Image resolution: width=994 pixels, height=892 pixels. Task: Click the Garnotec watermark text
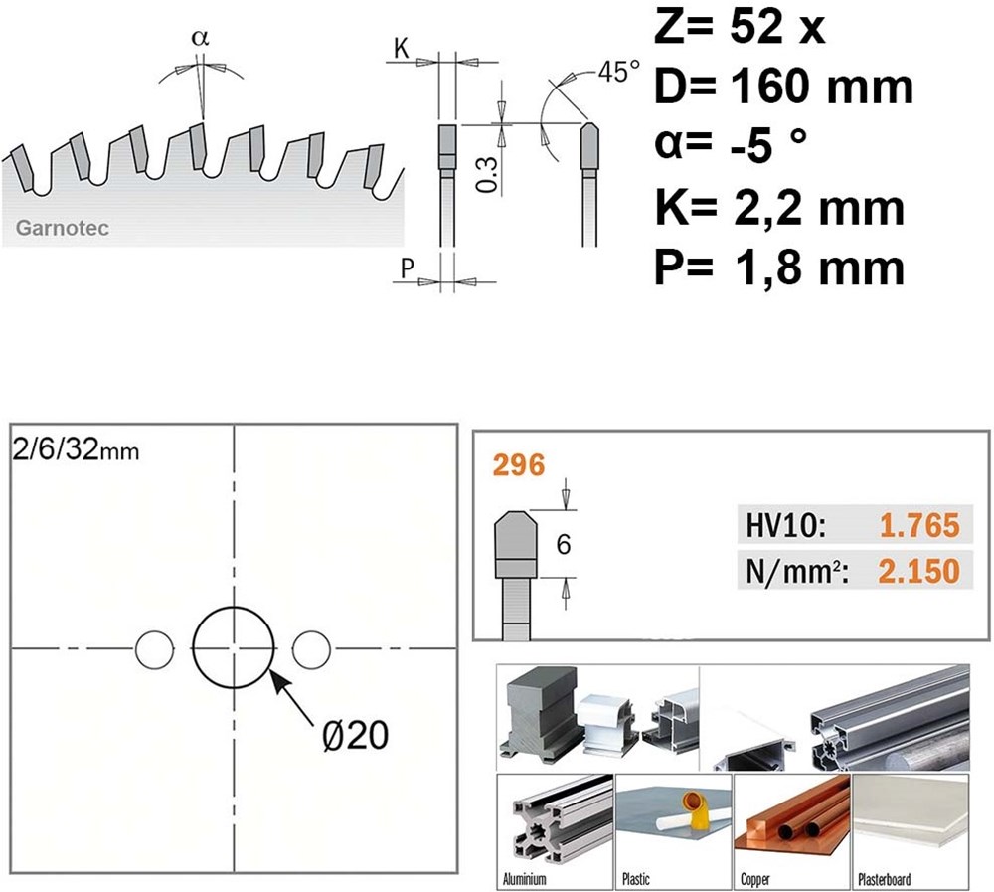[62, 228]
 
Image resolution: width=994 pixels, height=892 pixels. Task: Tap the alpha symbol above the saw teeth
[200, 38]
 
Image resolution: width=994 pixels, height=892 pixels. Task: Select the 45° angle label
[618, 71]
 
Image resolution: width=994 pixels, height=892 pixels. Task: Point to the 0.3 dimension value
[487, 175]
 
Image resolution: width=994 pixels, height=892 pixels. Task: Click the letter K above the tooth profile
[402, 48]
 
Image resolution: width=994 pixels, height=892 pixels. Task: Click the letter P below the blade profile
[407, 268]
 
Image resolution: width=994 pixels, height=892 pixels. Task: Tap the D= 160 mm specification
[783, 87]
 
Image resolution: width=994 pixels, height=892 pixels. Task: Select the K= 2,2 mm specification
[779, 208]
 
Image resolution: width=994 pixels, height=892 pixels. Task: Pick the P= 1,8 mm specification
[779, 268]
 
